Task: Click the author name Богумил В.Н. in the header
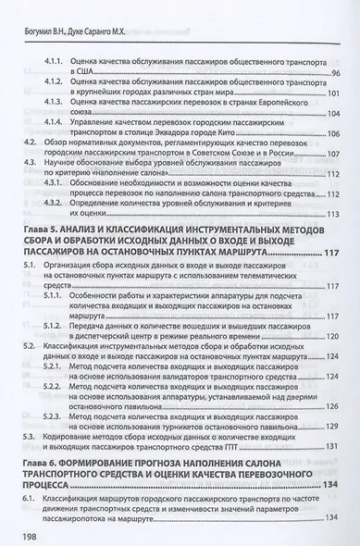point(49,14)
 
